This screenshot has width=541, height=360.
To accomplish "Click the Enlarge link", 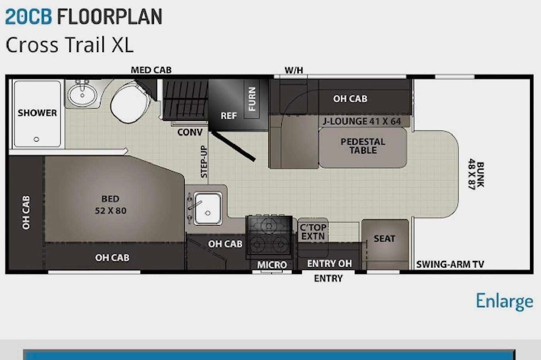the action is pos(504,301).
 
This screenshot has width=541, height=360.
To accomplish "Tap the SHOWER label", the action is pos(37,113).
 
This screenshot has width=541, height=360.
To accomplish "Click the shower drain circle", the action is pos(37,139).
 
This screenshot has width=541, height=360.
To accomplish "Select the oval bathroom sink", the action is pos(83,95).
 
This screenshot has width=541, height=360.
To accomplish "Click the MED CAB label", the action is pos(151,70).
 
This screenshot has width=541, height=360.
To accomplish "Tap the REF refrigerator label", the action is pos(229,116).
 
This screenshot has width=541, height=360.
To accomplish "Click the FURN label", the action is pos(252,99).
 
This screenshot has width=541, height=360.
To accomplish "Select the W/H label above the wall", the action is pos(294,70).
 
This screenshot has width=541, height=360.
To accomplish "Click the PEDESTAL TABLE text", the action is pos(363,146).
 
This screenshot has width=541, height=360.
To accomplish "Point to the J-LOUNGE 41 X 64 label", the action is pos(362,121).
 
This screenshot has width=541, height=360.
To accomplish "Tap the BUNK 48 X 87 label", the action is pos(476,174).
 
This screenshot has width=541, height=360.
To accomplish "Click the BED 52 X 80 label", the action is pos(110,205).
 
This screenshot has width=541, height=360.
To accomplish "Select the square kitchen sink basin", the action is pos(208,208).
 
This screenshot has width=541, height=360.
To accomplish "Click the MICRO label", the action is pos(272,265).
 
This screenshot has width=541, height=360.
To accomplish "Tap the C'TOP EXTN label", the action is pos(313,232).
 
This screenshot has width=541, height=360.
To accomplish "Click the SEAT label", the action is pos(384,239).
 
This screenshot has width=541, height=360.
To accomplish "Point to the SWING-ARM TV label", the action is pos(450,265).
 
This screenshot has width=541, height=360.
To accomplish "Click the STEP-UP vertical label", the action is pos(204,162).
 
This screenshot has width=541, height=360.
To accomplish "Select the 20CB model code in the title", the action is pos(28,16).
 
